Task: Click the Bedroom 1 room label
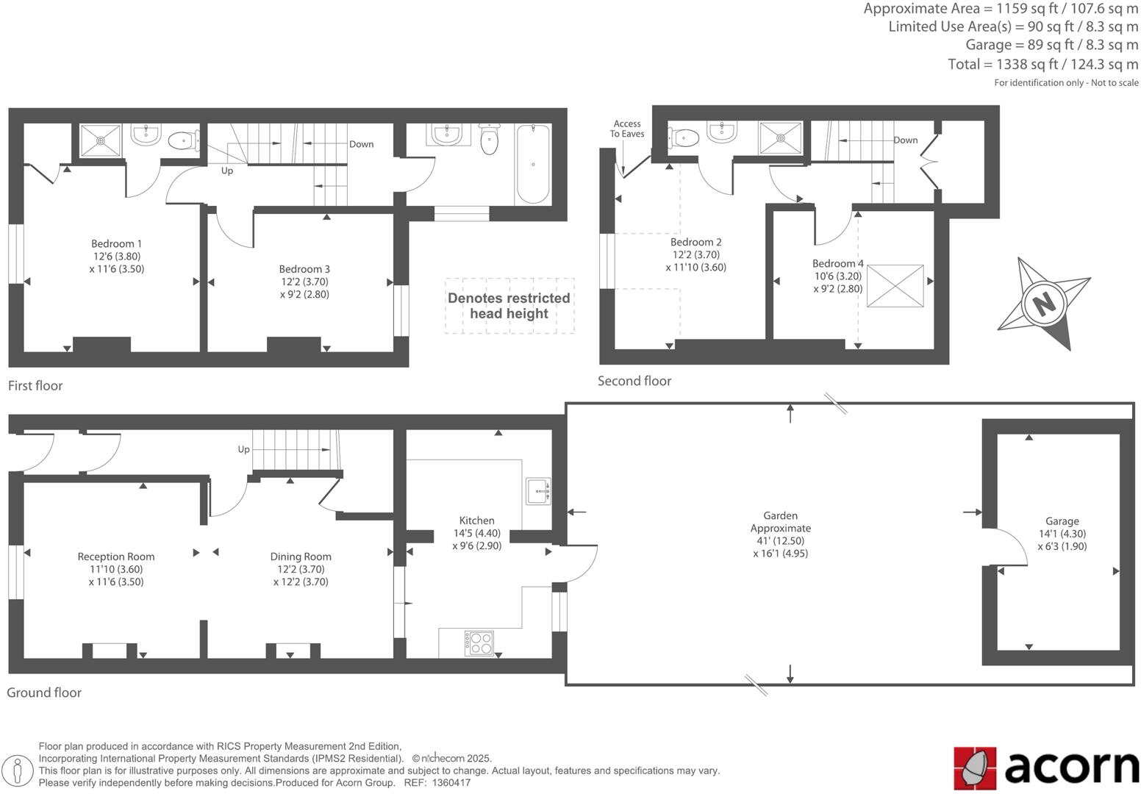[116, 244]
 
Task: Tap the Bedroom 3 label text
[304, 270]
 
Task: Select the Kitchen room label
[476, 521]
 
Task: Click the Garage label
[1062, 521]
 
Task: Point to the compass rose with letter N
[1044, 303]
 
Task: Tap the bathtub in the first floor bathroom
[533, 164]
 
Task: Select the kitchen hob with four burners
[479, 643]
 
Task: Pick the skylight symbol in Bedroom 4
[895, 286]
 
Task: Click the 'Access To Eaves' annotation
[627, 129]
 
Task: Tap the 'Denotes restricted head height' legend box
[509, 306]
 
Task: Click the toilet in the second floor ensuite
[684, 137]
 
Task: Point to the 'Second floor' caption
[634, 381]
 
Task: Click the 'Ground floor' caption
[44, 693]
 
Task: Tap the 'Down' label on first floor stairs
[361, 144]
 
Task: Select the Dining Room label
[301, 557]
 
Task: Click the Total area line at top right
[1042, 65]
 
